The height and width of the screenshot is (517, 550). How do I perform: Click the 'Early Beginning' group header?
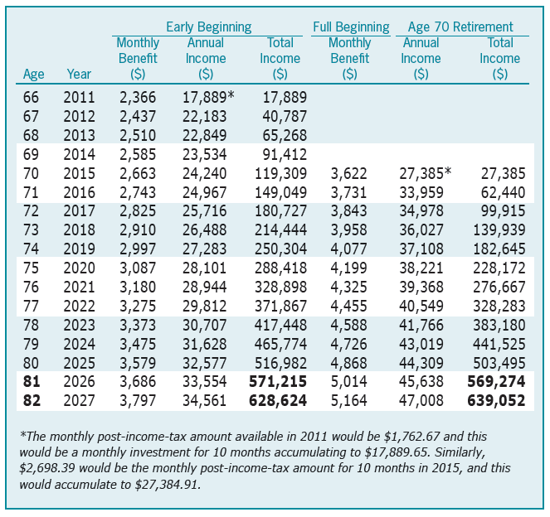coord(208,27)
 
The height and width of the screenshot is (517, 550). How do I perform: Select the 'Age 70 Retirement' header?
coord(460,27)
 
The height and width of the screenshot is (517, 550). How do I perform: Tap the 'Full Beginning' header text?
coord(351,27)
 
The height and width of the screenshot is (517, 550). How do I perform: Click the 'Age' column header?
coord(34,75)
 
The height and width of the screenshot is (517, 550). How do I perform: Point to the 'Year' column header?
coord(79,75)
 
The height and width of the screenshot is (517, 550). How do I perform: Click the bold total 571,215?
coord(278,382)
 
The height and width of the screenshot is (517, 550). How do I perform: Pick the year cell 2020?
coord(79,268)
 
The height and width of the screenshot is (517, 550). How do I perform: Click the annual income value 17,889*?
coord(207,98)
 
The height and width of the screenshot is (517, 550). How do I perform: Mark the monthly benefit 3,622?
coord(348,174)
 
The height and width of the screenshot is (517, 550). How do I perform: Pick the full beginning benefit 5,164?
coord(348,401)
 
